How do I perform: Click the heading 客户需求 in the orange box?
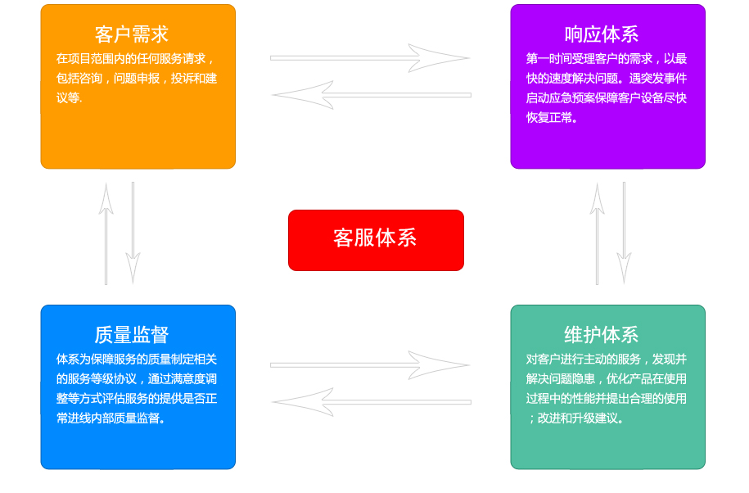(131, 34)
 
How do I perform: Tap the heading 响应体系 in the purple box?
(602, 34)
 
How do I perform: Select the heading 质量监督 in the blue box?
(131, 335)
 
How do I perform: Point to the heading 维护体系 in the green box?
(602, 335)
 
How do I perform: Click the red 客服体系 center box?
(376, 240)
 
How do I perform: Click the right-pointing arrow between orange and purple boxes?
(370, 58)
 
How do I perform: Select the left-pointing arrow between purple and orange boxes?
(372, 95)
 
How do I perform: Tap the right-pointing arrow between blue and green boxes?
(370, 365)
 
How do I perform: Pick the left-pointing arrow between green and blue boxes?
(372, 402)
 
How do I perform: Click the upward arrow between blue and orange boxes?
(106, 233)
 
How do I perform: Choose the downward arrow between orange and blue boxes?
(133, 233)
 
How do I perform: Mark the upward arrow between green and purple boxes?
(597, 233)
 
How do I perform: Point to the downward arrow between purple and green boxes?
(624, 233)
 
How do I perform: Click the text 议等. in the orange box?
(70, 98)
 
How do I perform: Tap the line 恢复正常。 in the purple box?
(552, 118)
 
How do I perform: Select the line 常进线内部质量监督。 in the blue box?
(111, 418)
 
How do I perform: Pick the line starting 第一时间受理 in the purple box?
(607, 59)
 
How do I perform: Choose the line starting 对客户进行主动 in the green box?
(607, 360)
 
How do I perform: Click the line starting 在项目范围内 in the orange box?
(135, 59)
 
